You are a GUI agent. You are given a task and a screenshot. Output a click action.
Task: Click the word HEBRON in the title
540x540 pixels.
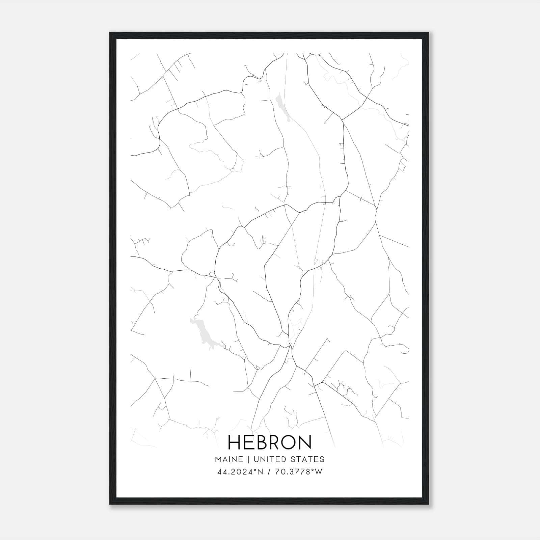[270, 442]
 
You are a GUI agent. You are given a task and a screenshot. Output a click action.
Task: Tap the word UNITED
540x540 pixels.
[269, 459]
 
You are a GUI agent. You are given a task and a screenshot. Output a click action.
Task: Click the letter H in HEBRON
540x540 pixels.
[235, 442]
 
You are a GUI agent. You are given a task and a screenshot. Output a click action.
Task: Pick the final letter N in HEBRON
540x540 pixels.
[305, 442]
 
